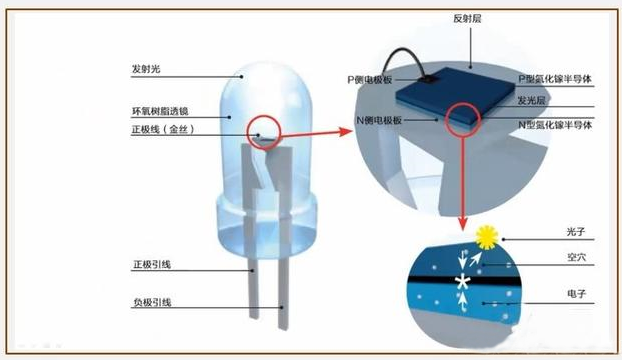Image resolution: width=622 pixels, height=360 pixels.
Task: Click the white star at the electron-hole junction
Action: coord(461,283)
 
